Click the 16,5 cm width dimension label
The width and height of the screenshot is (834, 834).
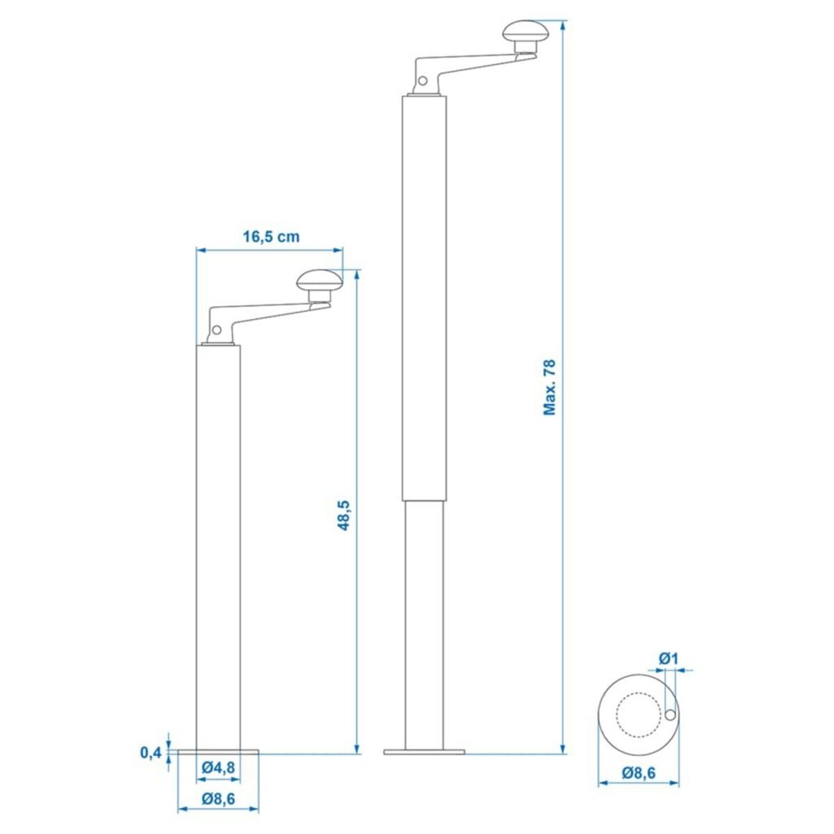coord(271,237)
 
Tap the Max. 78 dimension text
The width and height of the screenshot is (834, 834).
coord(550,388)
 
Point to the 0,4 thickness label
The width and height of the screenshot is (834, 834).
coord(150,752)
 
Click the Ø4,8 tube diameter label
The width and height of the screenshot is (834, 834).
coord(218,769)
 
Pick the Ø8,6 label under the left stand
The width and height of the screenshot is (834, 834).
coord(218,799)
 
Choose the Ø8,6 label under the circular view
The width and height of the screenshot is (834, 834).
coord(639,772)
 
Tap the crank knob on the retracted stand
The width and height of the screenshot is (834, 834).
coord(320,281)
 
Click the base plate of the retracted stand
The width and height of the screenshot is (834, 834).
coord(218,751)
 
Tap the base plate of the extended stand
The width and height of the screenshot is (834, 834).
coord(424,751)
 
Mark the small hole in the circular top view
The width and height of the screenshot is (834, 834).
coord(670,715)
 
